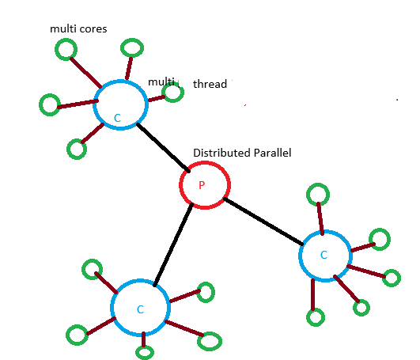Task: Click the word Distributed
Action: (x=221, y=152)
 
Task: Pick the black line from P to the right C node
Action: (x=262, y=222)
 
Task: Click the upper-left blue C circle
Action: (x=119, y=104)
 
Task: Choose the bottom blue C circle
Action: (x=140, y=309)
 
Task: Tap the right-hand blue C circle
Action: (x=325, y=255)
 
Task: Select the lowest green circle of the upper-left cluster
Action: (x=76, y=149)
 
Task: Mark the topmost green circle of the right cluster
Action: (x=318, y=193)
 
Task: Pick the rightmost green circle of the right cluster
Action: (x=392, y=278)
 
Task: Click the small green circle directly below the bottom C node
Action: (x=144, y=352)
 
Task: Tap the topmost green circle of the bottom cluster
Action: (x=92, y=269)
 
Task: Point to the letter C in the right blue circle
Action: (x=323, y=255)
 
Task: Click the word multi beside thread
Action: (x=161, y=81)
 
